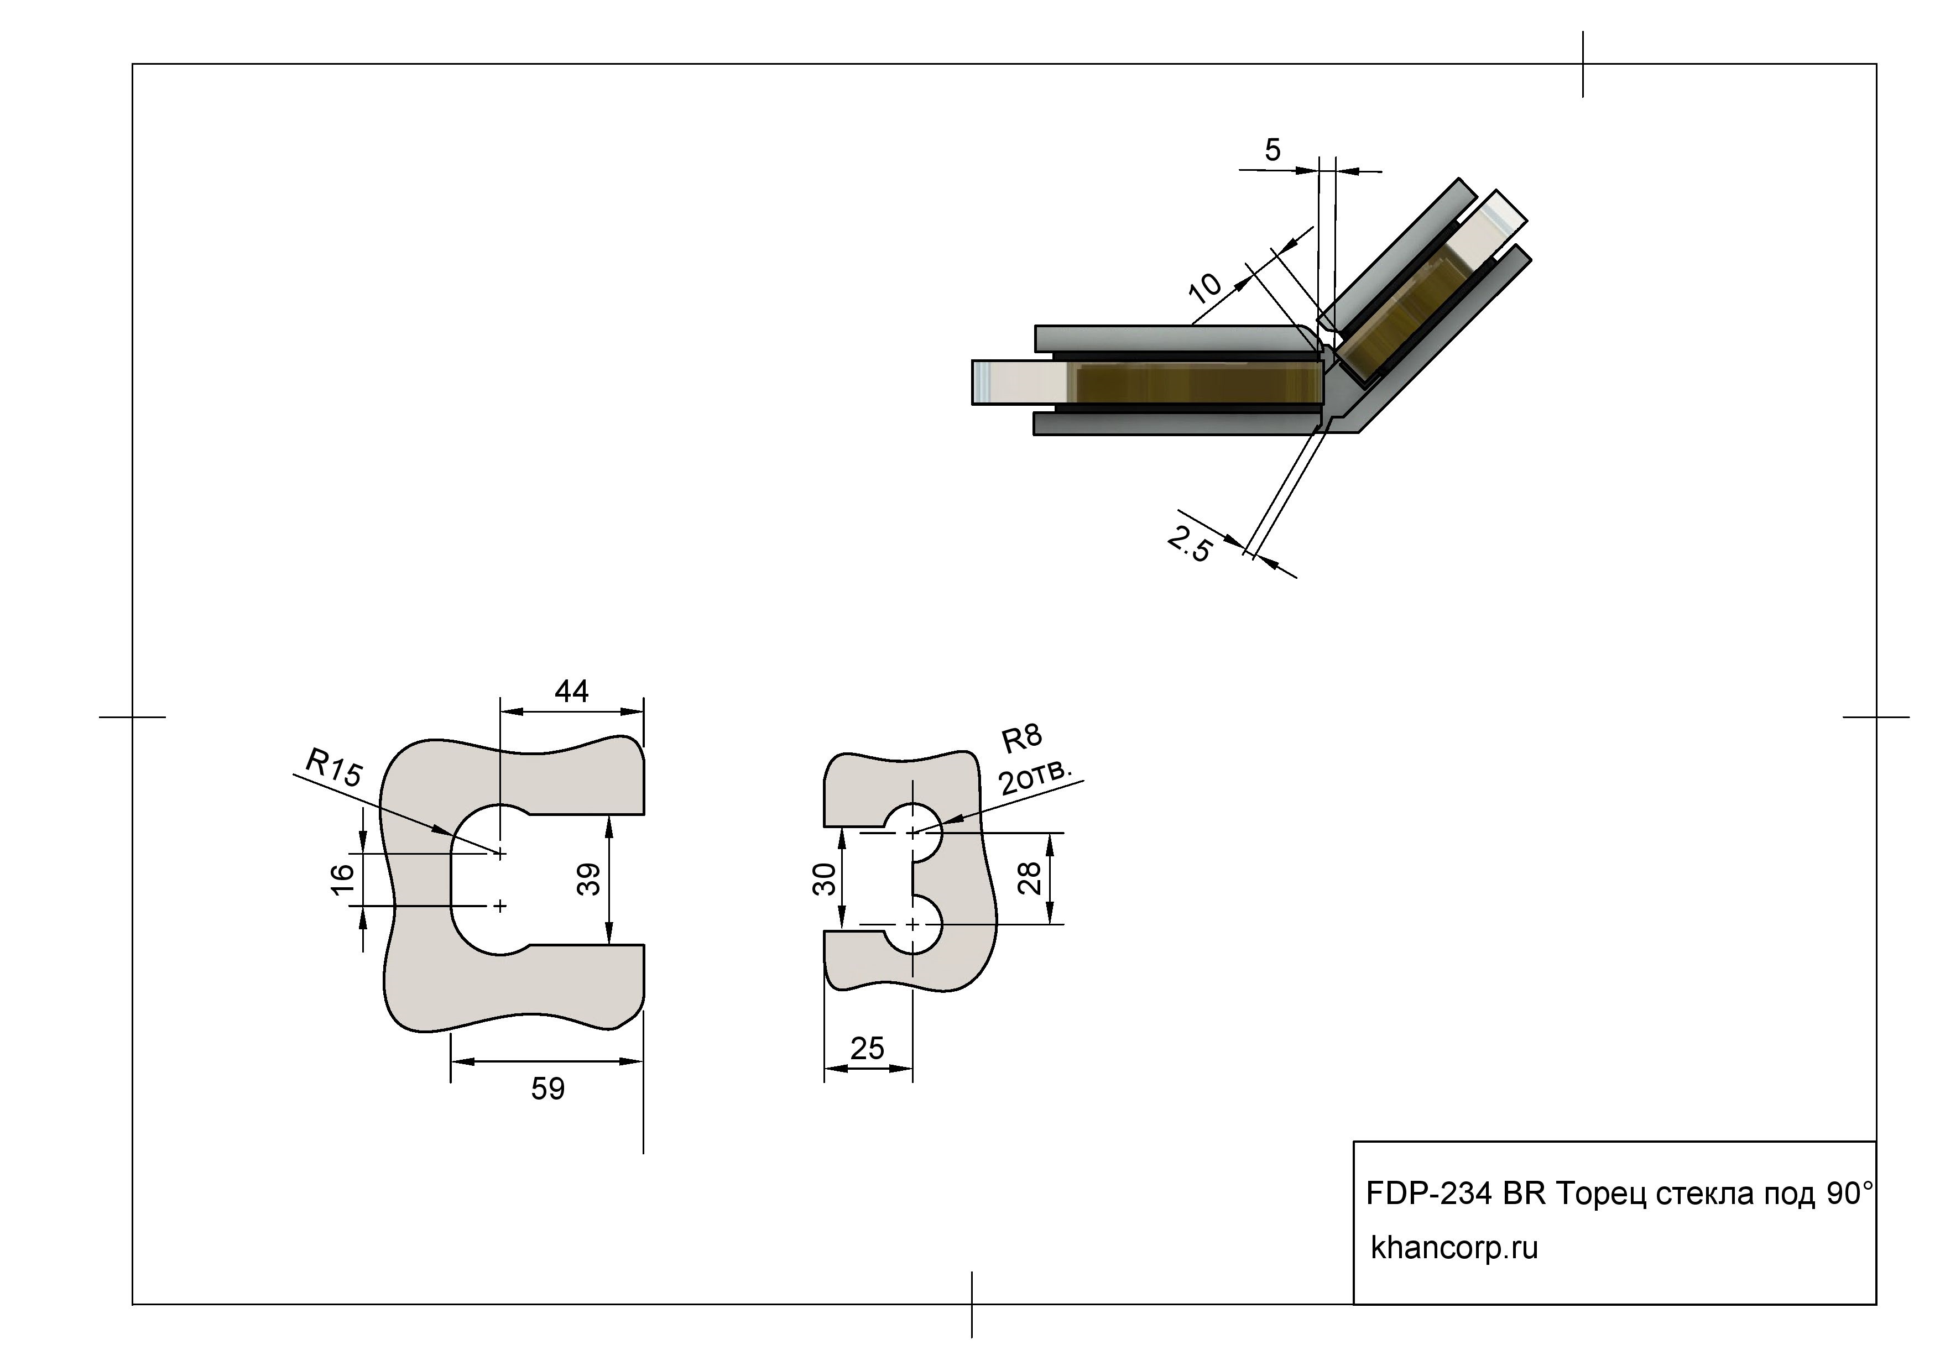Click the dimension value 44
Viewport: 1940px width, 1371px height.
(x=571, y=692)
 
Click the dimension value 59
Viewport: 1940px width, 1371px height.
(x=547, y=1089)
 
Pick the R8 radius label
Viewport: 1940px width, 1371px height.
(x=1021, y=739)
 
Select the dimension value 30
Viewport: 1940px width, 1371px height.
(x=824, y=880)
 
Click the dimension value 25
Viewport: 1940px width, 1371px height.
(x=867, y=1048)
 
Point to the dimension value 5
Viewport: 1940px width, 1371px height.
(x=1273, y=150)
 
